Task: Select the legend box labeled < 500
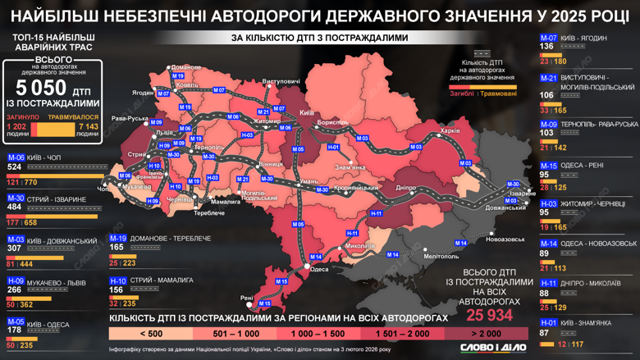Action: click(x=150, y=334)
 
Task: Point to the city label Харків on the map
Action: click(x=450, y=130)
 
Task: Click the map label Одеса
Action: click(x=320, y=269)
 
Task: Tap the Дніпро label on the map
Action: click(x=407, y=188)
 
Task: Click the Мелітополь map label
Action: click(x=418, y=257)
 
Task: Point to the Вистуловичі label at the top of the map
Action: click(x=281, y=82)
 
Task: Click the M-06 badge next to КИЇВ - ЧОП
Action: click(x=16, y=157)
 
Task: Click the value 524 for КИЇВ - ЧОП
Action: click(x=14, y=166)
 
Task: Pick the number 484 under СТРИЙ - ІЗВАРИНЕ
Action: click(x=14, y=207)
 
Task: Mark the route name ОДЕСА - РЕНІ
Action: click(x=583, y=165)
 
